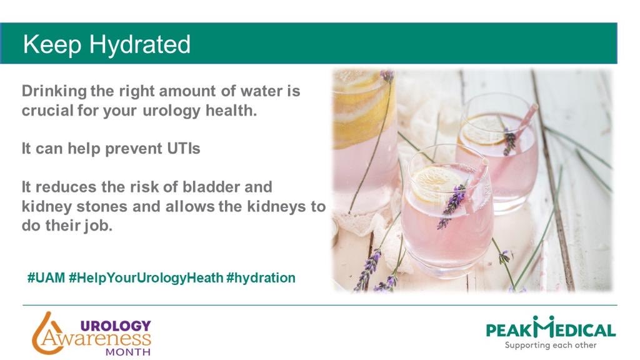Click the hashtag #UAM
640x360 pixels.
pos(46,277)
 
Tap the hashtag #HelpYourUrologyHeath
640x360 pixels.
pos(146,277)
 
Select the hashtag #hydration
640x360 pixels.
pos(261,277)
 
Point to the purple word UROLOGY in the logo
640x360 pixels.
pos(116,325)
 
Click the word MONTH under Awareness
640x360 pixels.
pos(127,351)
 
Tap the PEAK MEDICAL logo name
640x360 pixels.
pos(551,329)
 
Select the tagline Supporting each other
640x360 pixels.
pos(551,345)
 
